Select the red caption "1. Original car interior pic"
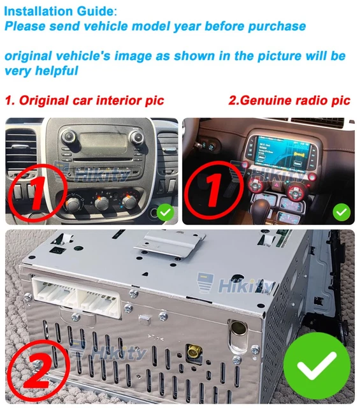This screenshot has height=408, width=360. click(x=84, y=101)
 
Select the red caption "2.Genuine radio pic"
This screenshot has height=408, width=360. click(x=289, y=101)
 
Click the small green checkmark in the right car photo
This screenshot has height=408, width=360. click(x=342, y=210)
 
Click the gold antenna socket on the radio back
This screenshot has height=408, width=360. click(x=191, y=350)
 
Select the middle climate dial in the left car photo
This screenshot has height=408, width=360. click(x=101, y=203)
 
